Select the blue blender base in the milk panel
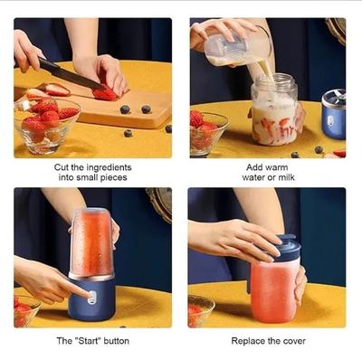pos(333,112)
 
